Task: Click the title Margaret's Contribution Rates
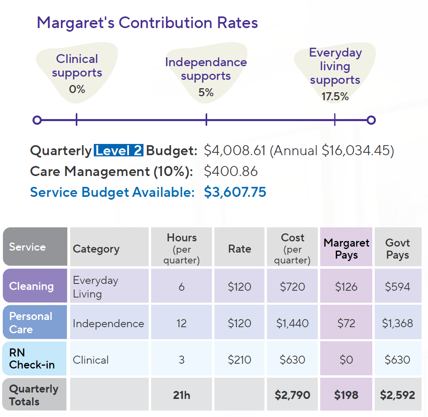[x=147, y=22]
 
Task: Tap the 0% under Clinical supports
[x=77, y=89]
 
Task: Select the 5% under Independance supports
[x=206, y=93]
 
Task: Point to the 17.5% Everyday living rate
[x=335, y=97]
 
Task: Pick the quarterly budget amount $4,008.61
[x=235, y=151]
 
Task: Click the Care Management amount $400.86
[x=231, y=172]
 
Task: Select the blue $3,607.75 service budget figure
[x=235, y=192]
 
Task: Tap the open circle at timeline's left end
[x=37, y=120]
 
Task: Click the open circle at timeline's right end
[x=371, y=120]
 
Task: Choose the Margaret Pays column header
[x=346, y=249]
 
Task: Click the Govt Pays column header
[x=397, y=249]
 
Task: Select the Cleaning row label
[x=31, y=286]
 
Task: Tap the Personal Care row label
[x=31, y=323]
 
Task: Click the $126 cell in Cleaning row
[x=346, y=287]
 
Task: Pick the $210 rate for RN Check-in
[x=239, y=360]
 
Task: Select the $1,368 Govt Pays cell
[x=397, y=324]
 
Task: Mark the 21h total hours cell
[x=182, y=395]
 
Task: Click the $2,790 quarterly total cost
[x=292, y=395]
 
